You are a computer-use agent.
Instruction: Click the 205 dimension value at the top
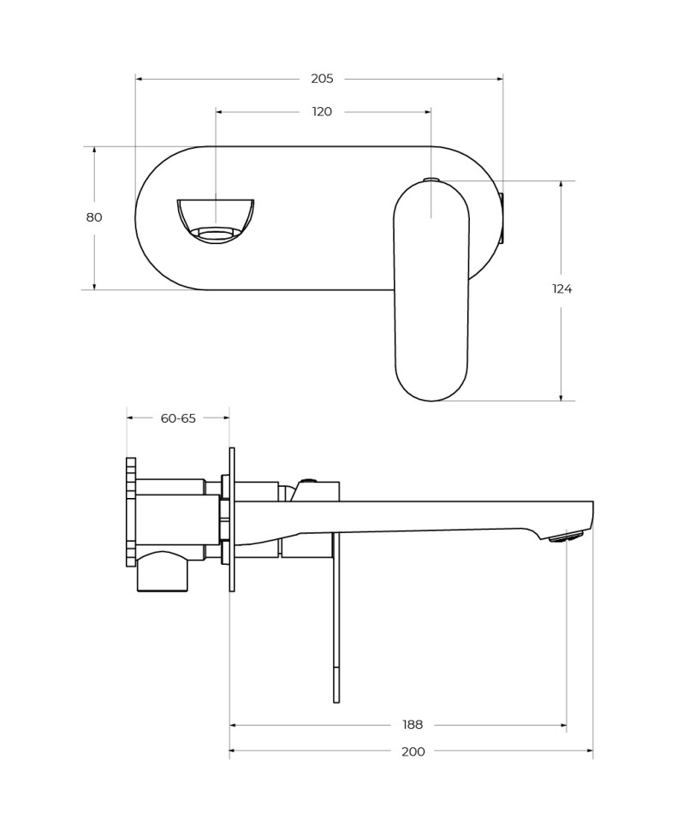click(322, 79)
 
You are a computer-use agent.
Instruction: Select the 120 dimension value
click(322, 111)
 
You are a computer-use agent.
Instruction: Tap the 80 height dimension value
click(94, 217)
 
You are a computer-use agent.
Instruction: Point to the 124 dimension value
click(561, 289)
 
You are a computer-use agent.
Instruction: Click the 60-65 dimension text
click(178, 418)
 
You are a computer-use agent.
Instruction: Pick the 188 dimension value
click(413, 725)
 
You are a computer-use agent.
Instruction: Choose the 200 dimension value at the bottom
click(413, 752)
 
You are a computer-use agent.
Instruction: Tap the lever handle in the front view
click(431, 291)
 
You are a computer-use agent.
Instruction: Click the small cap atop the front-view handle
click(431, 180)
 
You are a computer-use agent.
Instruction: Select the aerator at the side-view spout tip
click(566, 537)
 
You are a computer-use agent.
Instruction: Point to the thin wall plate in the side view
click(232, 519)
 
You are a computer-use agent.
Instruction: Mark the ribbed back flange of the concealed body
click(131, 512)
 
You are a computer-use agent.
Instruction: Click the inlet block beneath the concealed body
click(162, 572)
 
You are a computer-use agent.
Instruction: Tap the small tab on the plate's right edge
click(502, 218)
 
